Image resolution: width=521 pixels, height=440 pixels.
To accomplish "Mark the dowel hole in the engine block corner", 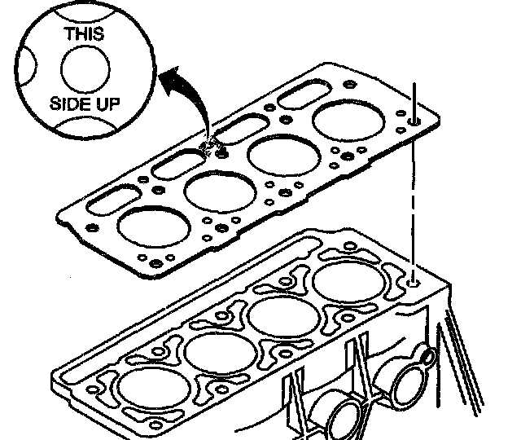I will [x=415, y=281].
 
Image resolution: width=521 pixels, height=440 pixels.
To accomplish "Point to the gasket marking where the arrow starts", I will [x=213, y=145].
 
